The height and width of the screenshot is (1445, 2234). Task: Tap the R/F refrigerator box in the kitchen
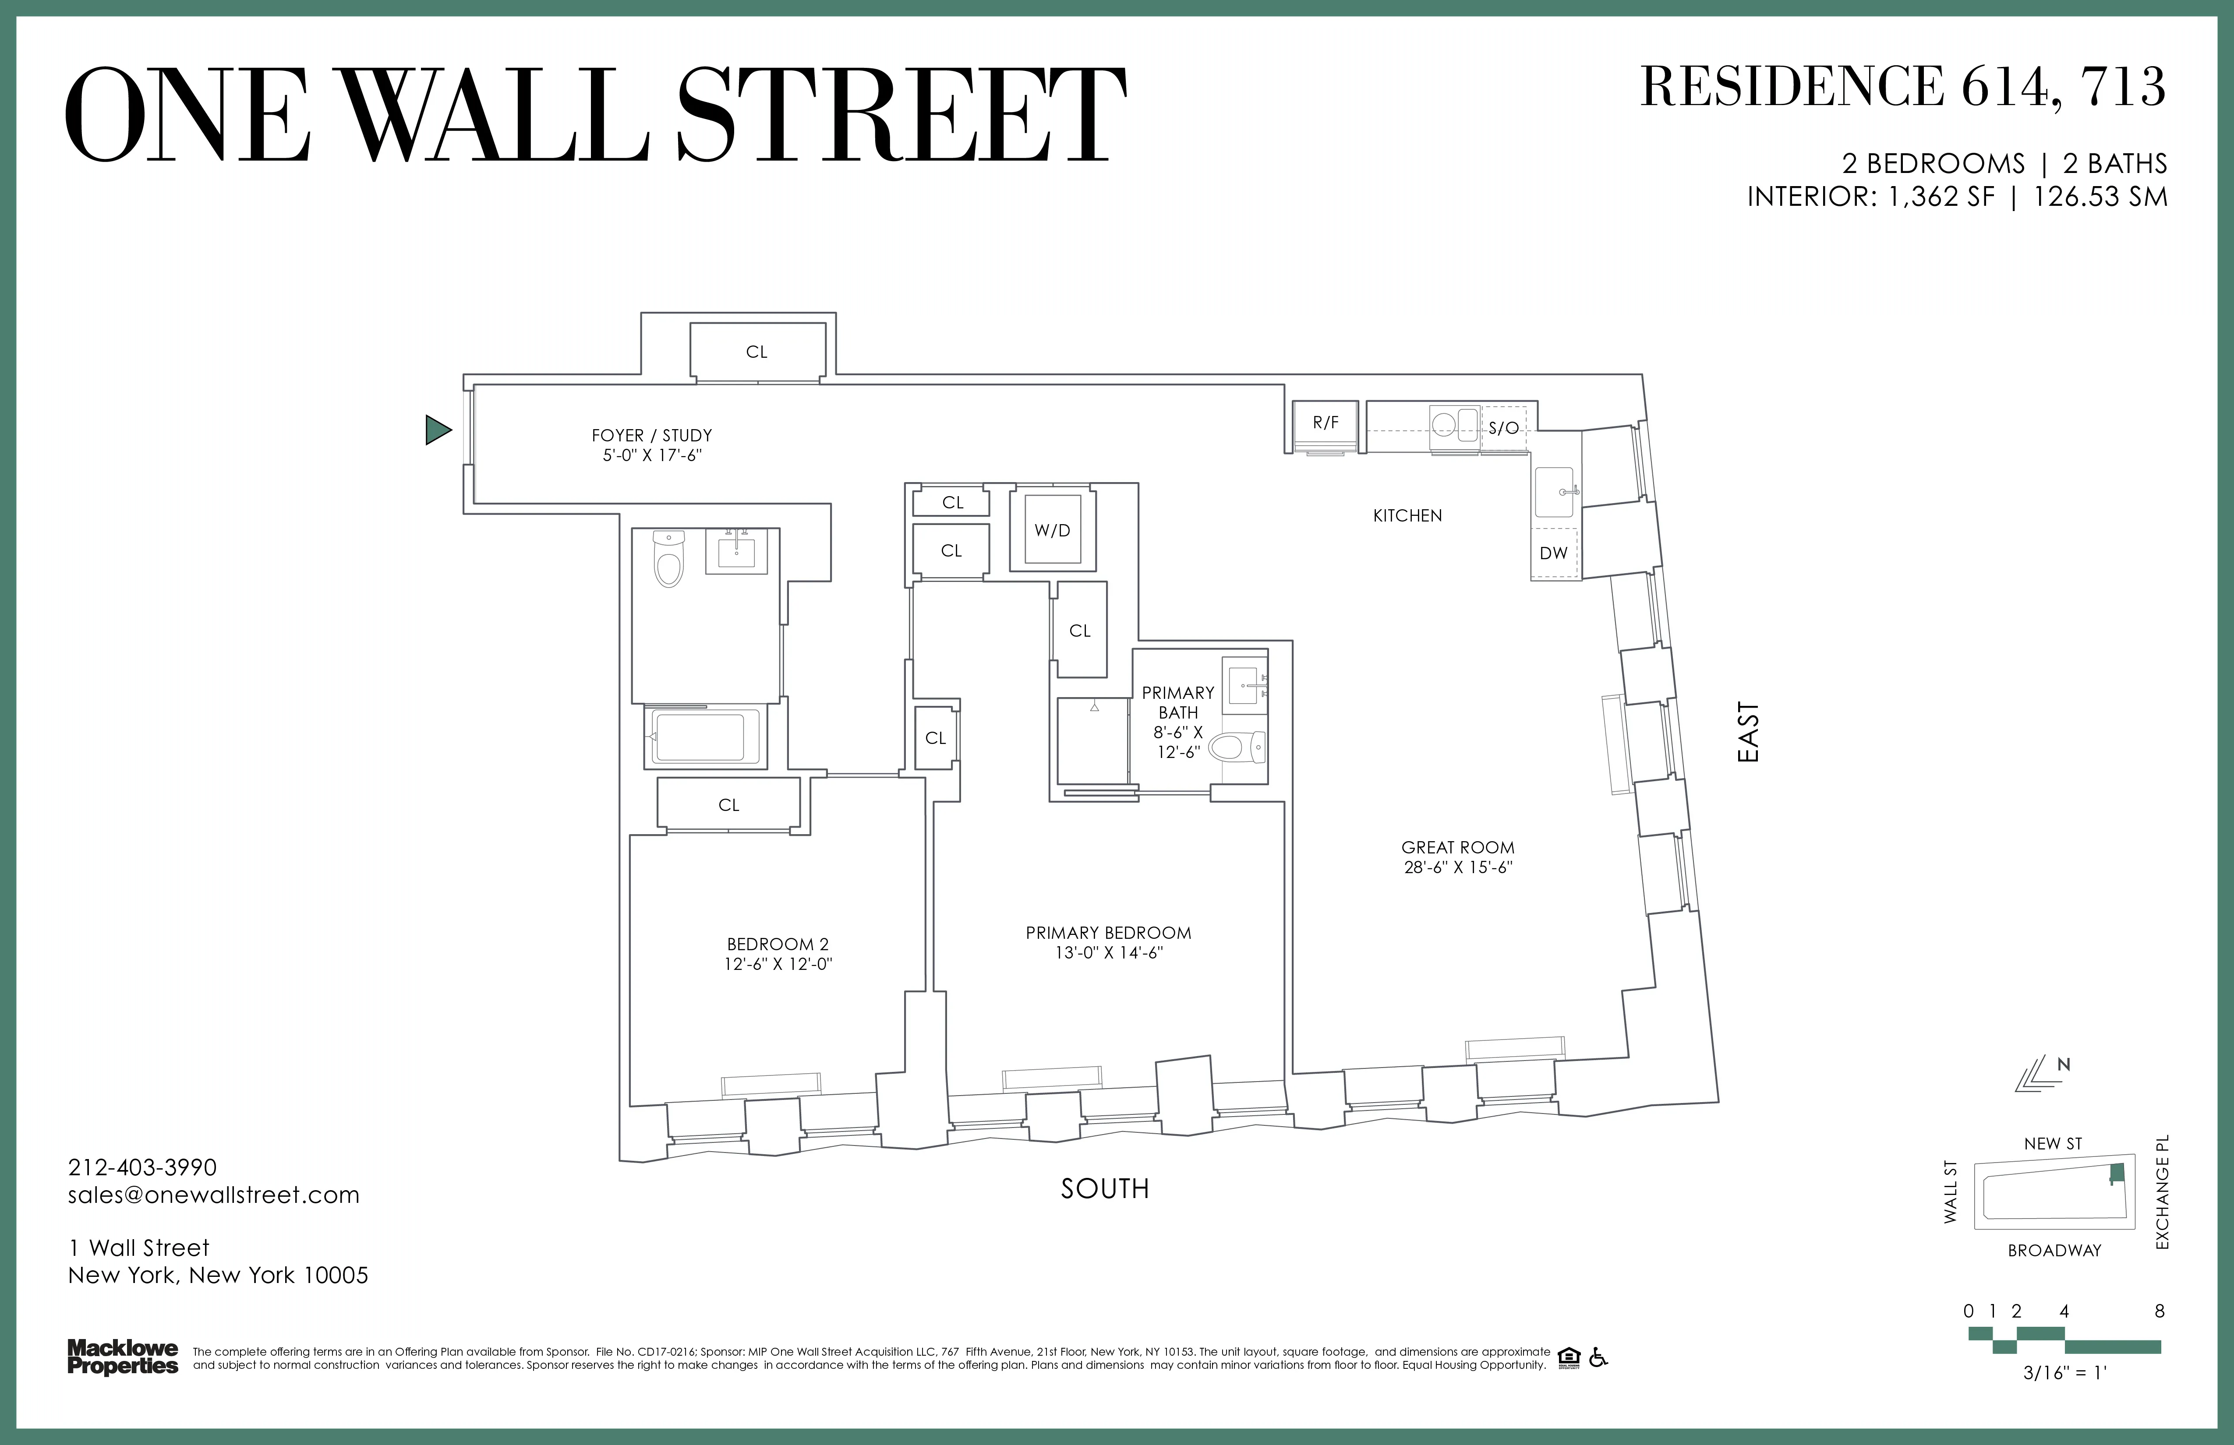1326,423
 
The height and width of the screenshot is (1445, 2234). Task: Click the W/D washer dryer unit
1052,530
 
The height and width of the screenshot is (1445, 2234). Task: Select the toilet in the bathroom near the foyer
668,561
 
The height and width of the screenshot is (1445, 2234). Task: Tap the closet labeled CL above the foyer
756,352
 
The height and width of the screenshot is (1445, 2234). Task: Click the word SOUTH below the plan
1105,1189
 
